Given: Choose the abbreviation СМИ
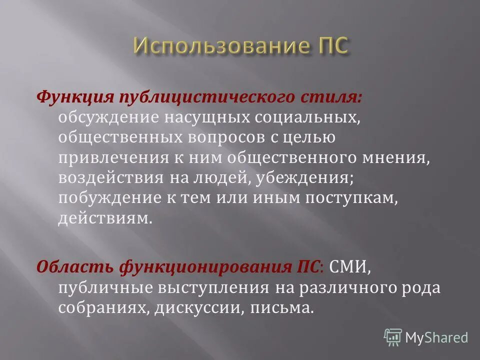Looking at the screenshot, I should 348,266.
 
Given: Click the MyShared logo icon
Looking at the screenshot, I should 392,337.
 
